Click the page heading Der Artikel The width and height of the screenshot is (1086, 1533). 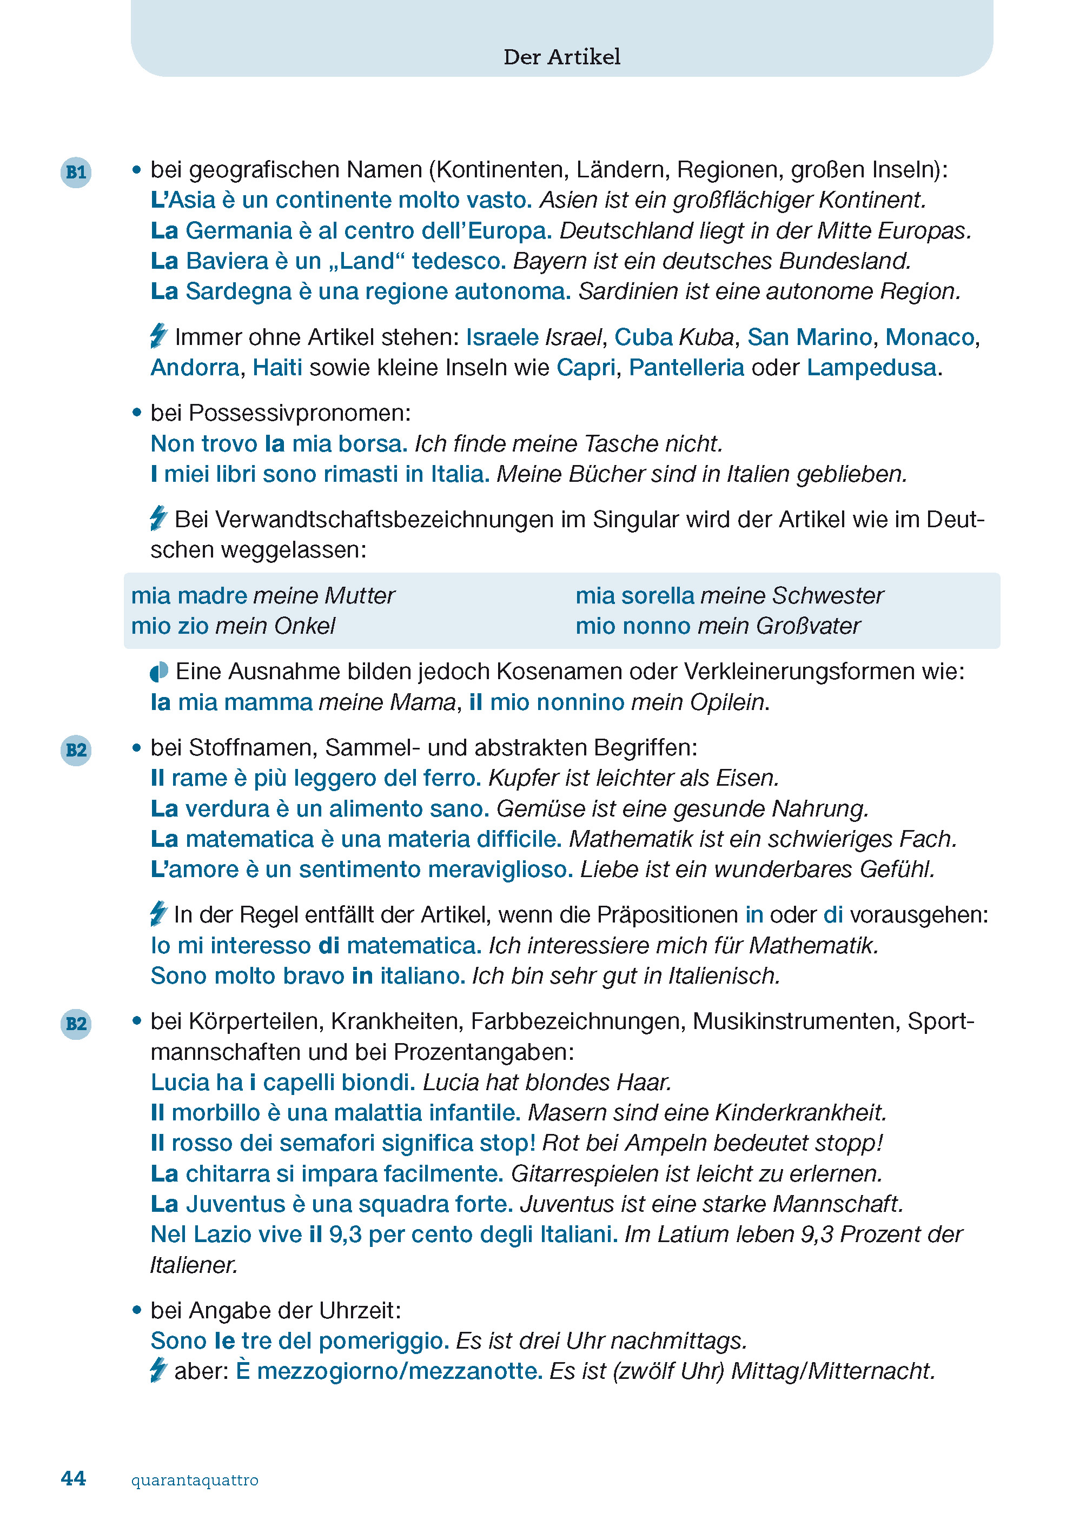(x=562, y=57)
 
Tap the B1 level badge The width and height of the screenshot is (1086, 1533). (x=76, y=172)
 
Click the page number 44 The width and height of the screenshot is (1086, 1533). (x=73, y=1478)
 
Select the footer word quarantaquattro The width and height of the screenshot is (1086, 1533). (x=195, y=1480)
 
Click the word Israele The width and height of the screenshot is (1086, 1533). (x=501, y=337)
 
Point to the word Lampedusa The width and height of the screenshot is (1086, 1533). (x=871, y=368)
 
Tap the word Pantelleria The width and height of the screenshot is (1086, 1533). (x=686, y=368)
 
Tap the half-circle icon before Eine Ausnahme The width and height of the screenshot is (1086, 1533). (x=159, y=672)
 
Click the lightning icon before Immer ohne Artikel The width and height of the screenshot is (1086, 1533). (x=158, y=336)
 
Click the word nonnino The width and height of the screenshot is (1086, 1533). (x=580, y=702)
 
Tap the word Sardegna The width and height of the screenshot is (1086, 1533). (x=238, y=291)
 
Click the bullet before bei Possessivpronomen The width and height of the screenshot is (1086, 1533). (x=137, y=413)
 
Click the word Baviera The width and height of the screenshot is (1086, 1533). (x=227, y=261)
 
